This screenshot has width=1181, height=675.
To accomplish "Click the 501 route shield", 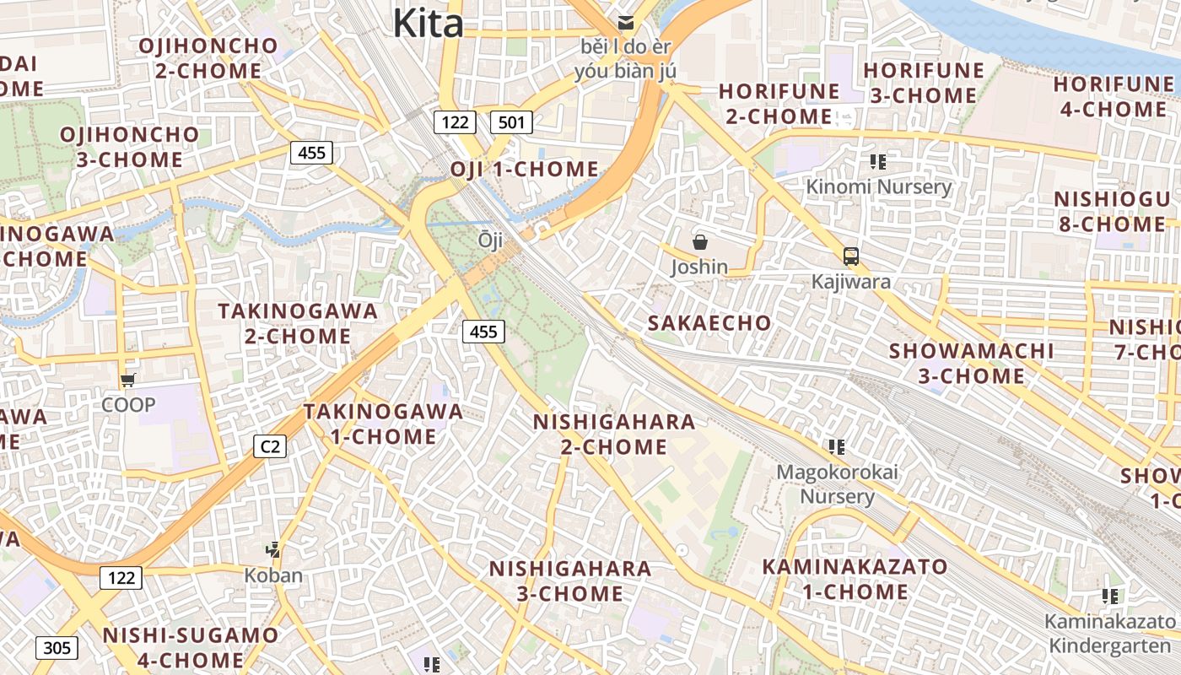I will point(511,122).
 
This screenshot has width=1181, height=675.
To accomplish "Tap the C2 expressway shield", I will point(270,445).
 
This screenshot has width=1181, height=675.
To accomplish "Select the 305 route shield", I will point(57,648).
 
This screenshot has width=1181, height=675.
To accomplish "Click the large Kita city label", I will point(428,23).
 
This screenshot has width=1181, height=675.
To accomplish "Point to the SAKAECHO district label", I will point(709,322).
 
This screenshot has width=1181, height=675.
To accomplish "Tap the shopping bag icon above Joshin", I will point(699,243).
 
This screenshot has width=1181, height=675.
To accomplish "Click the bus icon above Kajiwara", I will point(850,256).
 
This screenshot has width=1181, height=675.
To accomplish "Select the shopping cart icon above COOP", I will point(127,381).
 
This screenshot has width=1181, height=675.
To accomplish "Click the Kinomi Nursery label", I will point(878,186).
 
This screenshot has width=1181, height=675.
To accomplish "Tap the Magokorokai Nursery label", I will point(837,483).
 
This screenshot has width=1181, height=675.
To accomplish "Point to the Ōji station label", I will point(490,240).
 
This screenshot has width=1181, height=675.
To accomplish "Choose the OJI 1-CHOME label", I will point(524,169).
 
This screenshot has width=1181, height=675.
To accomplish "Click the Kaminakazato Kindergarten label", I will point(1109,634).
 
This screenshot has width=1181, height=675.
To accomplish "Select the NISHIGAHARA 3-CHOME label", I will point(570,580).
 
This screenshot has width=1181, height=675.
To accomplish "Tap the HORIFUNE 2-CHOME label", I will point(779,103).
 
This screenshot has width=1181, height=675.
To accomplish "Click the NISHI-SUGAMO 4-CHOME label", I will point(190,647).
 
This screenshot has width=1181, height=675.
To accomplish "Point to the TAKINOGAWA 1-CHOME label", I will point(383,424).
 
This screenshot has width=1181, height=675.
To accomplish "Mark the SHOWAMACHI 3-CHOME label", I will point(972,363).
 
